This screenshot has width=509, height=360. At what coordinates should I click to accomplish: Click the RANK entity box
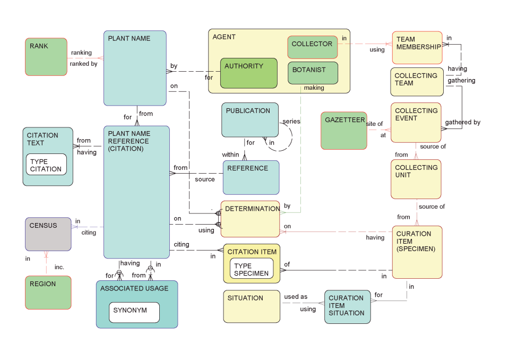[46, 56]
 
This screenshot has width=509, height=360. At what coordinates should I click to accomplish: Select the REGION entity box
[48, 292]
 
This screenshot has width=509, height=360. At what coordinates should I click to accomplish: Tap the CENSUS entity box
[48, 234]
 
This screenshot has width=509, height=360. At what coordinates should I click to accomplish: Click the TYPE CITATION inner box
[46, 165]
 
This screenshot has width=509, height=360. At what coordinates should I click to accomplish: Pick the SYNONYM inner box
[134, 312]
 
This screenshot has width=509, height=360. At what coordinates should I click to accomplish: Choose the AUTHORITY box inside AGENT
[249, 73]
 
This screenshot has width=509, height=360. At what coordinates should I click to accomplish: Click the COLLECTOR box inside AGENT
[312, 47]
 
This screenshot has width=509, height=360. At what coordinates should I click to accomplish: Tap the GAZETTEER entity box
[344, 130]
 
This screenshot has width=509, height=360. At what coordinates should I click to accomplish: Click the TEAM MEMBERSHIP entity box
[417, 47]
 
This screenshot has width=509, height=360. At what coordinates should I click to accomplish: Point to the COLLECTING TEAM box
[417, 81]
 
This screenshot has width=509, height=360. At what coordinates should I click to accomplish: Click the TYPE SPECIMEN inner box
[252, 269]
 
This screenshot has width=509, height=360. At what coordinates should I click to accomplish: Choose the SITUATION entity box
[252, 306]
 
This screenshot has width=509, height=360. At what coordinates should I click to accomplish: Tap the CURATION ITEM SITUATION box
[347, 306]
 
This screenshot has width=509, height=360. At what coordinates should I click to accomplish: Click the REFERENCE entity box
[251, 177]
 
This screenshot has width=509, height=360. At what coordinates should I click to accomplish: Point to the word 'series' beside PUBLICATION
[291, 122]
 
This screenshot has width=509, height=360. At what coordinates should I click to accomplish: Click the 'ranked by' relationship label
[83, 64]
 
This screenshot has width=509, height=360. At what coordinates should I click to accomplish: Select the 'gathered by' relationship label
[463, 123]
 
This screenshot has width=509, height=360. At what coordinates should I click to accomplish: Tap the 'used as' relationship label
[296, 297]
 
